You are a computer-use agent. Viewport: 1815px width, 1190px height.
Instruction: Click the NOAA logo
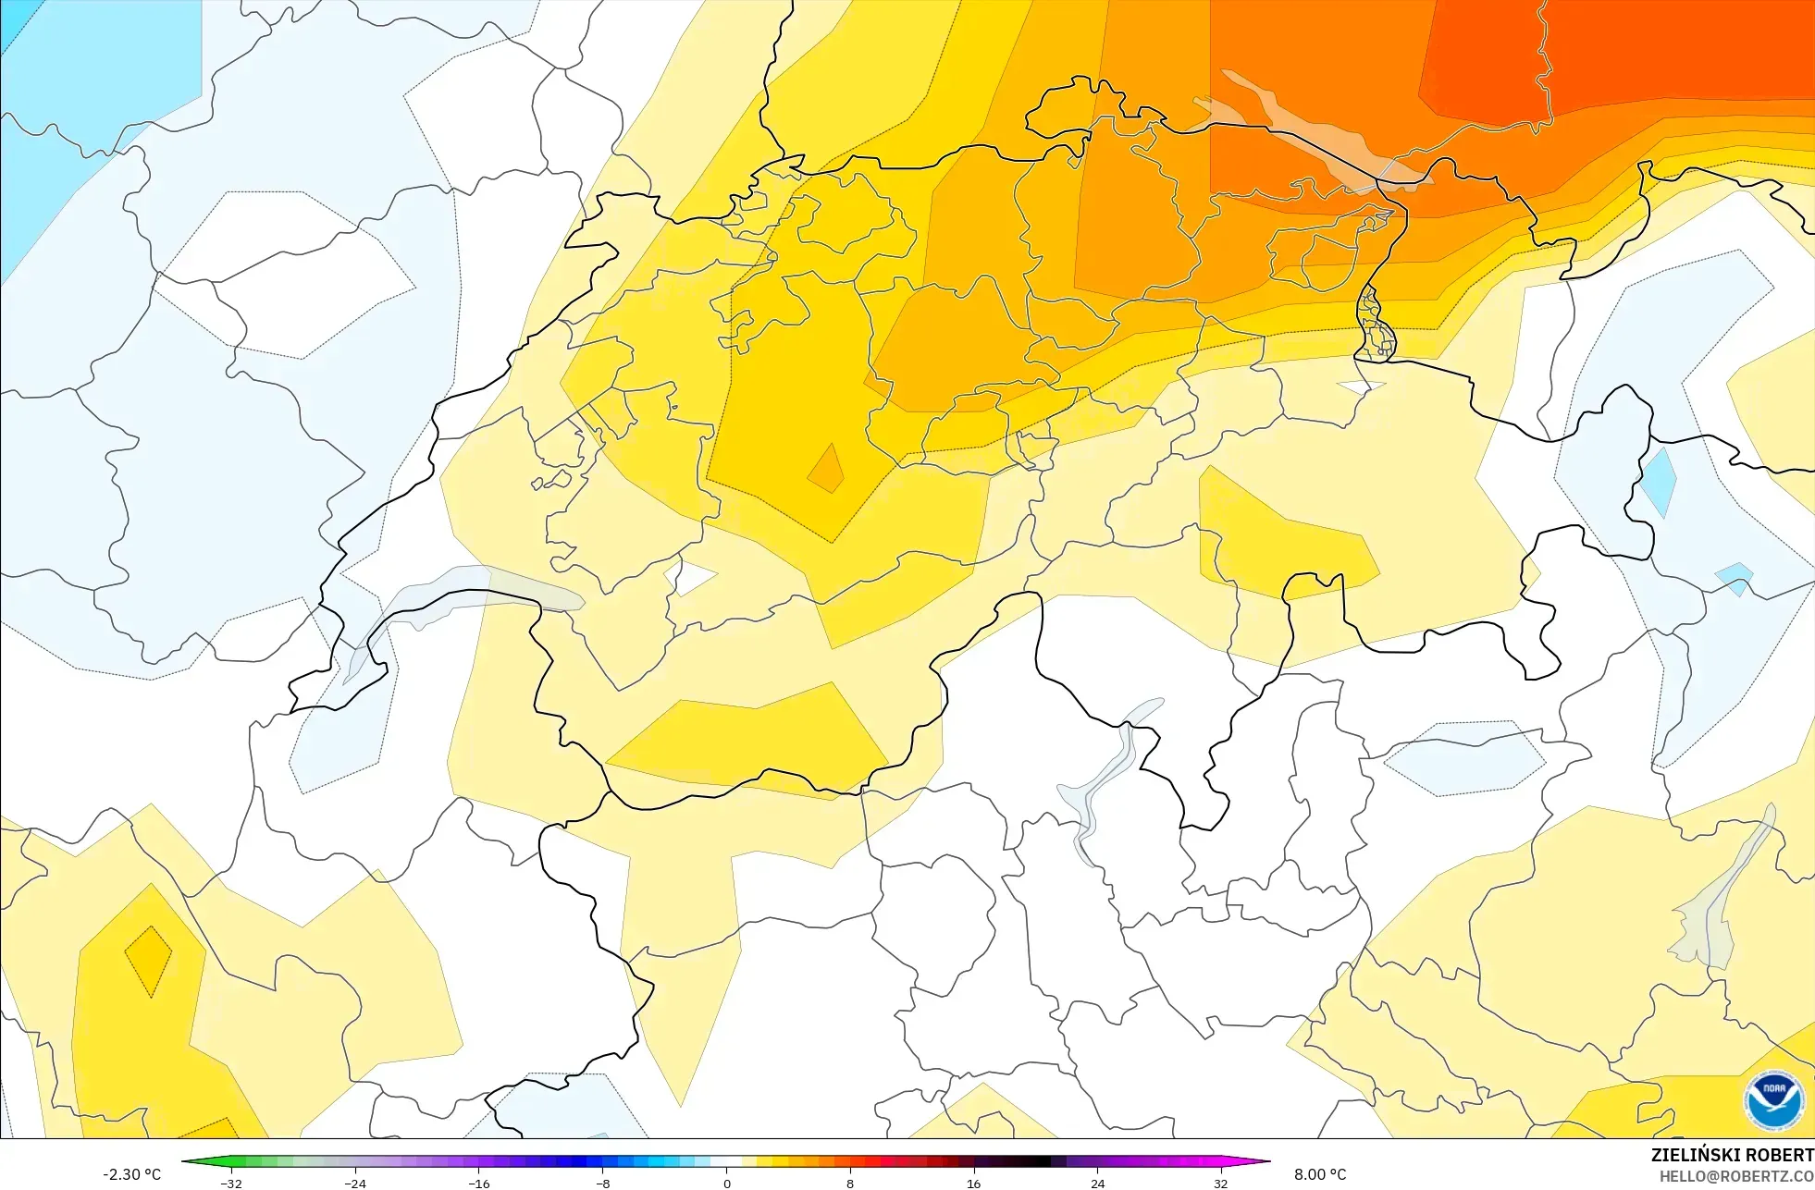pyautogui.click(x=1773, y=1100)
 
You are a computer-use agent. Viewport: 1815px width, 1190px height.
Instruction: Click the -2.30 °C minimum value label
pyautogui.click(x=131, y=1174)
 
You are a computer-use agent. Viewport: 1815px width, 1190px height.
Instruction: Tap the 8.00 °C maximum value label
pyautogui.click(x=1320, y=1174)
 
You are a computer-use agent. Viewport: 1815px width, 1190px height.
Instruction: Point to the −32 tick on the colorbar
pyautogui.click(x=231, y=1184)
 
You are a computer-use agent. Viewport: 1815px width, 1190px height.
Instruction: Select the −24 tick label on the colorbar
pyautogui.click(x=355, y=1184)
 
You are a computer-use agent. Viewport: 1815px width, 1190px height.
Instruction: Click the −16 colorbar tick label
pyautogui.click(x=479, y=1184)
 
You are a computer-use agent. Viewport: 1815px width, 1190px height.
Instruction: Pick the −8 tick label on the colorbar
pyautogui.click(x=603, y=1184)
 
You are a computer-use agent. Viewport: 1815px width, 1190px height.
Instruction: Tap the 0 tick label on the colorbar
pyautogui.click(x=726, y=1184)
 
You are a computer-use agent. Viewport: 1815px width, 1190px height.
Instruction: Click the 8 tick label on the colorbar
pyautogui.click(x=850, y=1184)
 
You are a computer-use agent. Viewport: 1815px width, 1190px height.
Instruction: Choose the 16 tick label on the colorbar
pyautogui.click(x=973, y=1184)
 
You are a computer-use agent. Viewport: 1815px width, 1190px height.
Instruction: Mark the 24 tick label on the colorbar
pyautogui.click(x=1097, y=1184)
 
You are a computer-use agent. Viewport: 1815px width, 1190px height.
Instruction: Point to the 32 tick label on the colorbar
pyautogui.click(x=1221, y=1184)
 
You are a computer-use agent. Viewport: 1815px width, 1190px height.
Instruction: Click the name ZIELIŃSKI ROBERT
pyautogui.click(x=1732, y=1155)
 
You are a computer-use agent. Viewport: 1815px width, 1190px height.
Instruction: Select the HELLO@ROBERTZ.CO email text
pyautogui.click(x=1736, y=1177)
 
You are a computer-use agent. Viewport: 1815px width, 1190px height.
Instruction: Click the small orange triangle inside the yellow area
pyautogui.click(x=826, y=470)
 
